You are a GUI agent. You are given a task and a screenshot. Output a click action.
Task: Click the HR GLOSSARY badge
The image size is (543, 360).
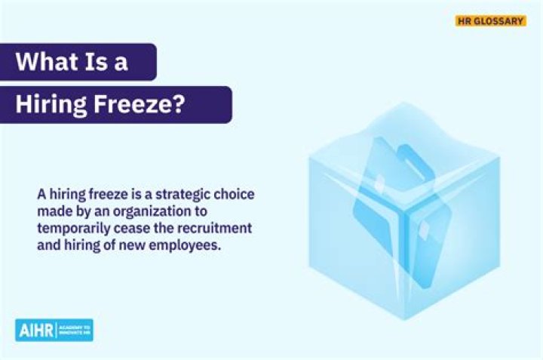(x=490, y=21)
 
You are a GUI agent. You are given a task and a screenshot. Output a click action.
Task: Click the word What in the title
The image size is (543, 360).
(x=44, y=61)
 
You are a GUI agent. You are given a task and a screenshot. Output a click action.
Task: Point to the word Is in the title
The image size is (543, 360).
(x=94, y=61)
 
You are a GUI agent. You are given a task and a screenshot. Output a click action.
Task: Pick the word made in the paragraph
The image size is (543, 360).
(x=51, y=211)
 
